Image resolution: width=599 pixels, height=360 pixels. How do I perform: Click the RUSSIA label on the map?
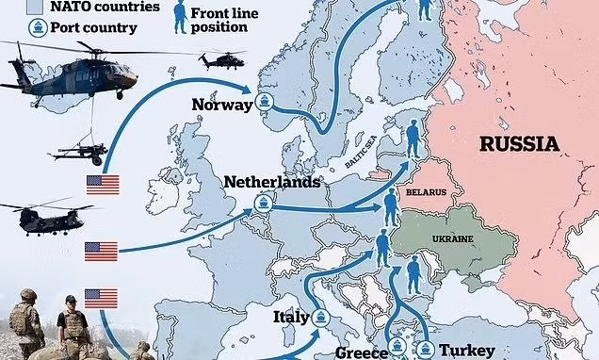(519, 144)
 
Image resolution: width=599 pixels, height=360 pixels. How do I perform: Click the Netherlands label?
(271, 181)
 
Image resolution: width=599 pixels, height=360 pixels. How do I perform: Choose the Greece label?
(362, 351)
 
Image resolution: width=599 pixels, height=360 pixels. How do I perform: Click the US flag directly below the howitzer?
(103, 185)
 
